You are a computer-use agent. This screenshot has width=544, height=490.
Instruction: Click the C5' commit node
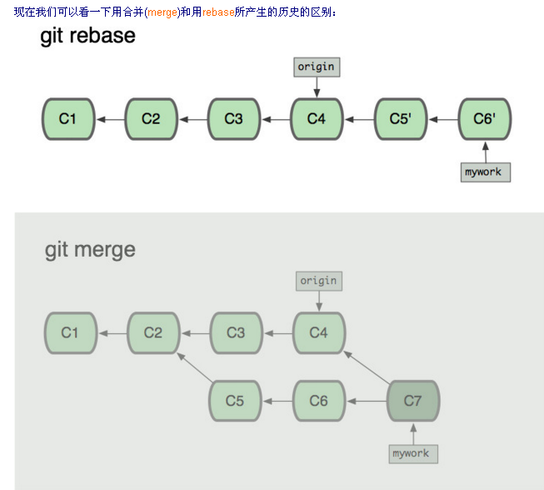pyautogui.click(x=400, y=118)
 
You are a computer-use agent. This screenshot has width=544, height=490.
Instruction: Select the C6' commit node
pyautogui.click(x=484, y=118)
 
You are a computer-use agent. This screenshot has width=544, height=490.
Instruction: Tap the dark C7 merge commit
pyautogui.click(x=413, y=401)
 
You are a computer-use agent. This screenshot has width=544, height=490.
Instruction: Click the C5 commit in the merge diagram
pyautogui.click(x=235, y=401)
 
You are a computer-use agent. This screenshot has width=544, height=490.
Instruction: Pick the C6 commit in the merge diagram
pyautogui.click(x=318, y=401)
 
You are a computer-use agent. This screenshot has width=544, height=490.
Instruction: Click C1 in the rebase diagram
pyautogui.click(x=67, y=118)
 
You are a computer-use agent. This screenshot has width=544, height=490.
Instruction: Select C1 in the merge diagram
pyautogui.click(x=70, y=332)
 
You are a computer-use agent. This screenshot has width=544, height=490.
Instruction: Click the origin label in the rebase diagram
pyautogui.click(x=317, y=67)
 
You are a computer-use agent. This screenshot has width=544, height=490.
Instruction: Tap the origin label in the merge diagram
pyautogui.click(x=318, y=281)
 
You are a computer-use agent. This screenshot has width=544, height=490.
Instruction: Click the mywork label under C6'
pyautogui.click(x=485, y=172)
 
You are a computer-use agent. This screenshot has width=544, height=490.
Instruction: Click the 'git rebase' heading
pyautogui.click(x=87, y=36)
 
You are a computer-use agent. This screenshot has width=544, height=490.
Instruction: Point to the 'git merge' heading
pyautogui.click(x=90, y=249)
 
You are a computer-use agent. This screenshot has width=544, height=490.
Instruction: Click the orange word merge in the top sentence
pyautogui.click(x=162, y=11)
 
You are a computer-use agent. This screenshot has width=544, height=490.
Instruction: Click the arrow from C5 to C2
pyautogui.click(x=195, y=367)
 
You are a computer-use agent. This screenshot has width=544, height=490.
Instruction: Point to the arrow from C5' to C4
pyautogui.click(x=358, y=118)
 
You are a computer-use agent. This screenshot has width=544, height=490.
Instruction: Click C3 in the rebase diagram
pyautogui.click(x=234, y=118)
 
